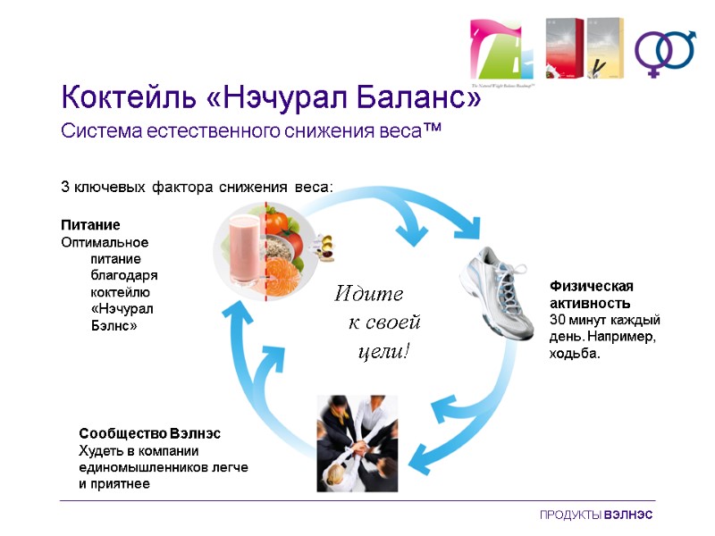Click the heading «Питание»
click(x=90, y=224)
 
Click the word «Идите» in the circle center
click(x=368, y=293)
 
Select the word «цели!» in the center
click(x=383, y=351)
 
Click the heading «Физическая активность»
click(x=591, y=294)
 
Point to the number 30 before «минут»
click(x=557, y=320)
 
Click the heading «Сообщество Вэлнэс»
click(x=149, y=432)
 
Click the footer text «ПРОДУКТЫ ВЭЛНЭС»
click(x=595, y=516)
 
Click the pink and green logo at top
click(x=501, y=50)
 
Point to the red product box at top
click(x=565, y=48)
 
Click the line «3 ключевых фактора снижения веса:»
click(x=197, y=188)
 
